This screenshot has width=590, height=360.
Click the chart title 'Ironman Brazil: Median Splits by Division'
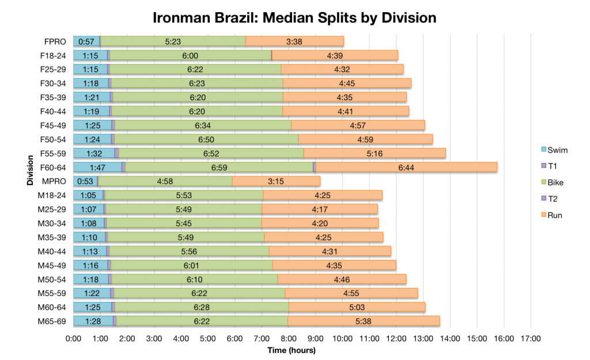click(x=294, y=17)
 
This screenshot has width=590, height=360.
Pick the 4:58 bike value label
click(x=165, y=181)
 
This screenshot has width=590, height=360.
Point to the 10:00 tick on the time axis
click(x=342, y=338)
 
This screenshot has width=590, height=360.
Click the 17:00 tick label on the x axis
click(x=531, y=338)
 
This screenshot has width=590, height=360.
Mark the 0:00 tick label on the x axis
click(x=74, y=338)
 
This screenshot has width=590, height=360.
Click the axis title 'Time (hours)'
click(x=291, y=350)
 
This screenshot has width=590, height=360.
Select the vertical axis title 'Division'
click(x=29, y=181)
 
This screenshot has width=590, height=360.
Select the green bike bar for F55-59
click(x=211, y=153)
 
